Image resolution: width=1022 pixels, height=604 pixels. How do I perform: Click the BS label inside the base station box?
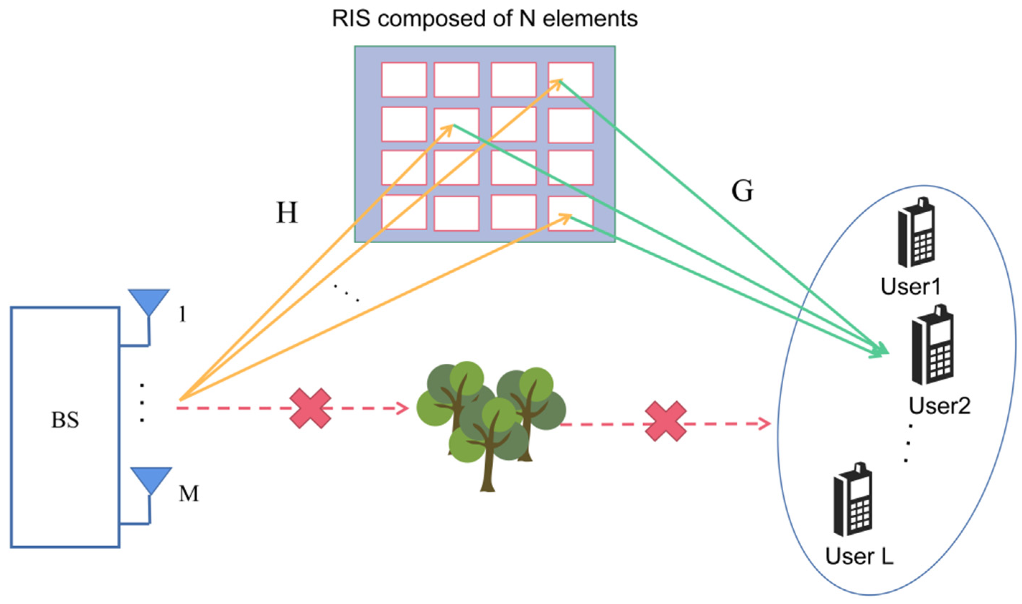pos(65,420)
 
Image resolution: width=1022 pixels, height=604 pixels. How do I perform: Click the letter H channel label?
pos(287,213)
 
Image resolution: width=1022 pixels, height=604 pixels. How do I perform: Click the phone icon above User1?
pos(916,232)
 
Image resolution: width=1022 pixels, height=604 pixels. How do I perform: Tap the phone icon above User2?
pos(933,344)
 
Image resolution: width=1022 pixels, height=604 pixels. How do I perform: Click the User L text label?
pos(859,556)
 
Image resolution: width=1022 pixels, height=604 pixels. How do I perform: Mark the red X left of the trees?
pos(311,408)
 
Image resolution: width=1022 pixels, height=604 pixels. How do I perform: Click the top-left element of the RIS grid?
pos(404,80)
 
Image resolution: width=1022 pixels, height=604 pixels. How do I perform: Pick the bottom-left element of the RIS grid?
pos(404,212)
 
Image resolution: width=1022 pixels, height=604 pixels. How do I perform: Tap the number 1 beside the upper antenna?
pos(183,314)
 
